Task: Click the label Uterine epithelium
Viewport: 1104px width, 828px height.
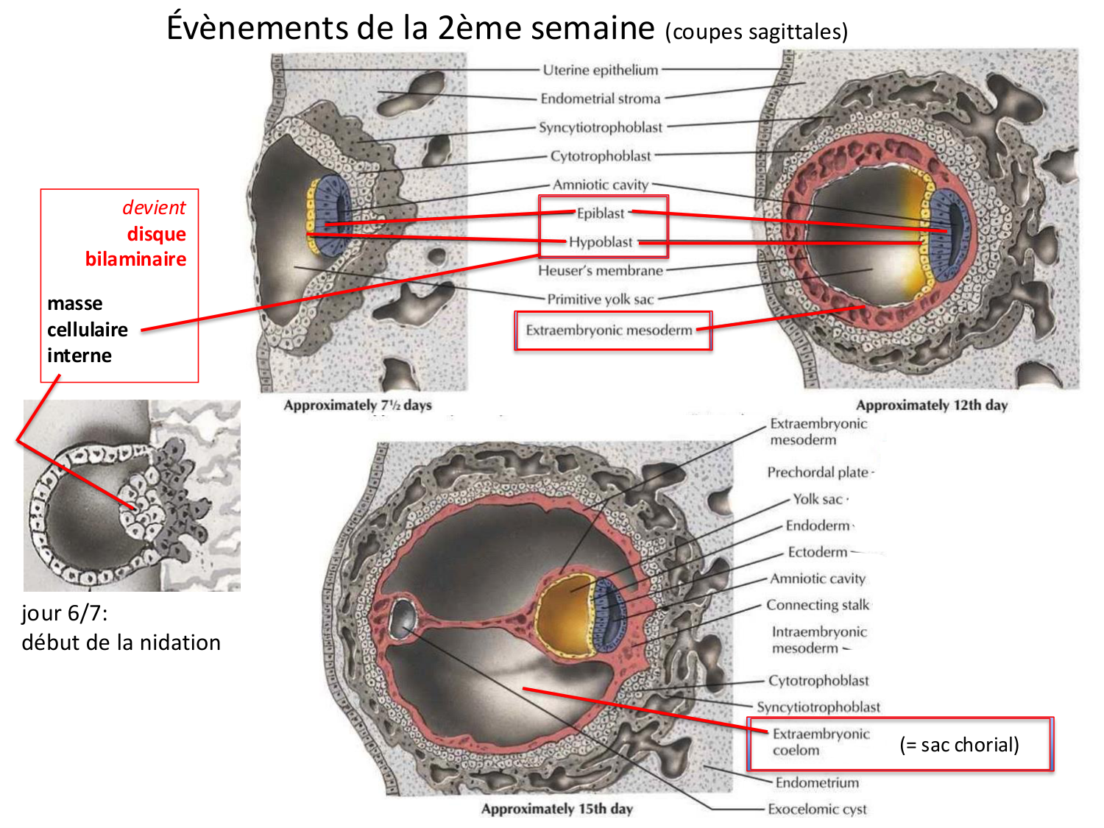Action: point(601,70)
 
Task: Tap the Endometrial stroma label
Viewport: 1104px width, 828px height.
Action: point(601,99)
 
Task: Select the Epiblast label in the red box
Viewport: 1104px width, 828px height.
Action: point(601,213)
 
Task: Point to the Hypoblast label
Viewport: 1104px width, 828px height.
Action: point(601,242)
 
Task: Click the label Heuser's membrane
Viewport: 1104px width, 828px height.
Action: point(601,271)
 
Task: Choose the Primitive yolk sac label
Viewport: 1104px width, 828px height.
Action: point(601,300)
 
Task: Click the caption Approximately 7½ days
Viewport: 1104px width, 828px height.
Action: point(358,405)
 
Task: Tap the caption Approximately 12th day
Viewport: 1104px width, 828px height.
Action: point(932,405)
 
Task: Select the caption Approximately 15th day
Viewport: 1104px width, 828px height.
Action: point(557,809)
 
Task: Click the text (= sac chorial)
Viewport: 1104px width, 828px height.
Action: point(959,745)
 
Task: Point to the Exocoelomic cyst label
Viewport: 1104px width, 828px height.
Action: point(817,810)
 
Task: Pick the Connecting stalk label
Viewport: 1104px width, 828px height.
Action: point(818,605)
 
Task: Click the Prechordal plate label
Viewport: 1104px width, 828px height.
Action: point(818,473)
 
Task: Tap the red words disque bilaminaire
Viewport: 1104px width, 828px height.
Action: point(136,247)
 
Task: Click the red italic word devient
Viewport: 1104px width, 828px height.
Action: point(154,208)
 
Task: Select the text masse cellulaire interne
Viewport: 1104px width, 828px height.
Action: point(87,329)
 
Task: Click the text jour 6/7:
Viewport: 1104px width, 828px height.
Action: point(65,613)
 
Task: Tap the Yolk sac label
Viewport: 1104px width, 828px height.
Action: point(817,499)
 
